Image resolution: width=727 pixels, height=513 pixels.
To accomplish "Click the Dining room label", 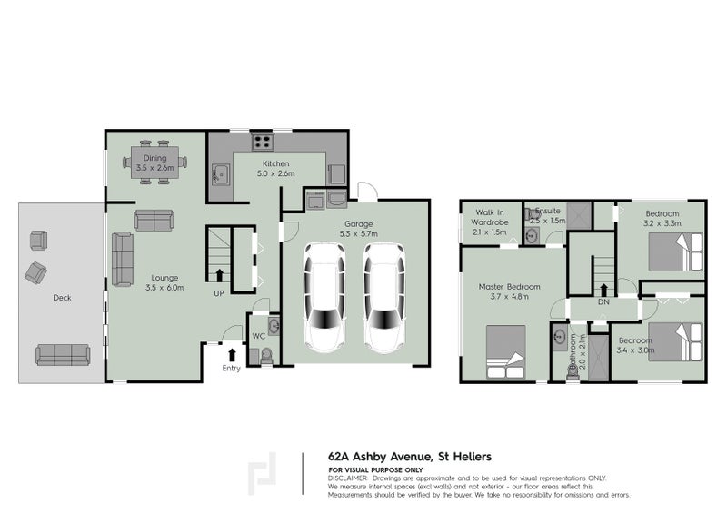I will [x=154, y=163].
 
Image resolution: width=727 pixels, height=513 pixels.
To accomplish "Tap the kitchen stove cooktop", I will [x=261, y=142].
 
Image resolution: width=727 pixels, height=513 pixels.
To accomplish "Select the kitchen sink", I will [x=220, y=173].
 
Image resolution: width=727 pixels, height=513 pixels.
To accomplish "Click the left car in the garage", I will [x=324, y=297].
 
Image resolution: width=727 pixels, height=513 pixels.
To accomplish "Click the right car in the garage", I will [x=384, y=297].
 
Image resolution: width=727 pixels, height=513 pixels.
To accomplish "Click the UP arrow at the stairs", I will [x=219, y=274].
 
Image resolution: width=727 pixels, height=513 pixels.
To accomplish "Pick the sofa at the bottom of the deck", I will [x=63, y=354].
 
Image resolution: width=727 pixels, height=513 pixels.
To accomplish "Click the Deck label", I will [x=62, y=297].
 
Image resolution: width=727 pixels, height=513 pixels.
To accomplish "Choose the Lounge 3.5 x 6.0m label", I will [x=165, y=282].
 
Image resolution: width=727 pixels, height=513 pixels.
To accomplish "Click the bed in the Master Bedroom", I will [x=505, y=352].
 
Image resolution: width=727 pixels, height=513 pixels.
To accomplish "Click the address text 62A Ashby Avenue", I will [x=410, y=458].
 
